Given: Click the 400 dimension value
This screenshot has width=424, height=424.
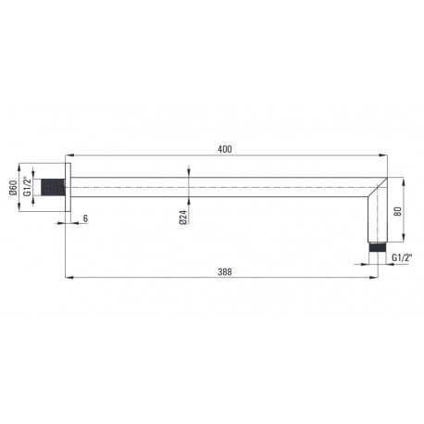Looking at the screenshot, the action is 225,149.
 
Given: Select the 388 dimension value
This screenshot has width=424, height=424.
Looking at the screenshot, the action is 225,272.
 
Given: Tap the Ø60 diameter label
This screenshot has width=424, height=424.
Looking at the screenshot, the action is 13,188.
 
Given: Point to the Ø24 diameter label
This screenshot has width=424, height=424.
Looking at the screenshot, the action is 183,218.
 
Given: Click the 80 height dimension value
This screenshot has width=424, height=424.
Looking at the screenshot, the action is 398,211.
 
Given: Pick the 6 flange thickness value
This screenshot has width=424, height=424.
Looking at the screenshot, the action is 85,218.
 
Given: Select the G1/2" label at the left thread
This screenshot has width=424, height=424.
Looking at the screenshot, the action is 28,186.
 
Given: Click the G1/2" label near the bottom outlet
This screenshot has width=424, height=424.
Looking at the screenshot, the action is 402,257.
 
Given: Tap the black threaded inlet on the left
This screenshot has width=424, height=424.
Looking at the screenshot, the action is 53,187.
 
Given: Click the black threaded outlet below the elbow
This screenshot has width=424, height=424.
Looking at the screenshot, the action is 378,248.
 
